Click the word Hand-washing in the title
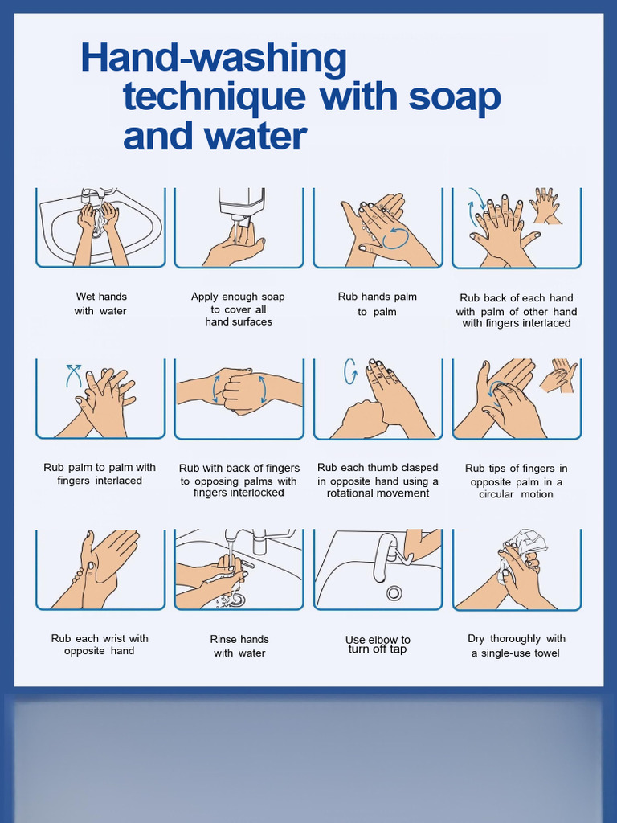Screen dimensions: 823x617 [x=214, y=59]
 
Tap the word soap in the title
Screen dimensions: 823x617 [x=455, y=97]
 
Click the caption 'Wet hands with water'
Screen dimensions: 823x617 [x=100, y=304]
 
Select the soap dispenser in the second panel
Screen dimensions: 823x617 [x=241, y=202]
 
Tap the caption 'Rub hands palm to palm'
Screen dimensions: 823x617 [x=378, y=304]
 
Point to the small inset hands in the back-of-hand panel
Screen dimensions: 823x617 [x=545, y=206]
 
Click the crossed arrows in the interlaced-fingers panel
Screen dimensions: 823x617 [x=74, y=375]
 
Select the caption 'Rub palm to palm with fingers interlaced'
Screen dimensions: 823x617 [x=100, y=474]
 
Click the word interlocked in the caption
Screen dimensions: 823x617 [x=239, y=493]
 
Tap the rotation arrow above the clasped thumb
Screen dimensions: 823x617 [x=350, y=371]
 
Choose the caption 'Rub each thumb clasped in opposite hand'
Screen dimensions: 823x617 [x=378, y=481]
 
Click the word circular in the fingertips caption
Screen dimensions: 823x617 [x=496, y=494]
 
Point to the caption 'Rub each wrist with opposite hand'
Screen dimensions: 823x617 [x=100, y=645]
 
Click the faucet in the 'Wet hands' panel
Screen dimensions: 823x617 [x=90, y=195]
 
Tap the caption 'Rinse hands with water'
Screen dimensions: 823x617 [x=239, y=646]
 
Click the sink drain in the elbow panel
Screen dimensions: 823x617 [x=394, y=593]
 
